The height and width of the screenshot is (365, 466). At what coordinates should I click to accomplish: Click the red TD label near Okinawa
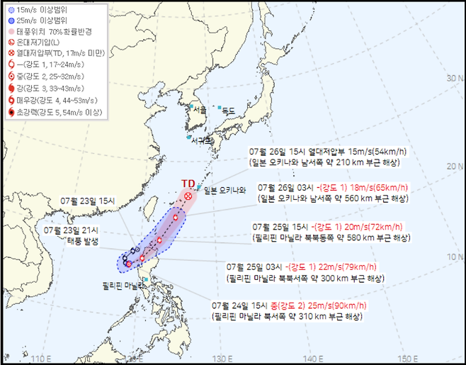point(188,183)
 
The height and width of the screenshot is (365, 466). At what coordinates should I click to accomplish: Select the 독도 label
point(227,111)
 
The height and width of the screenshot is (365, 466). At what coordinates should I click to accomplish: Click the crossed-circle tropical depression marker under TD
point(188,196)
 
